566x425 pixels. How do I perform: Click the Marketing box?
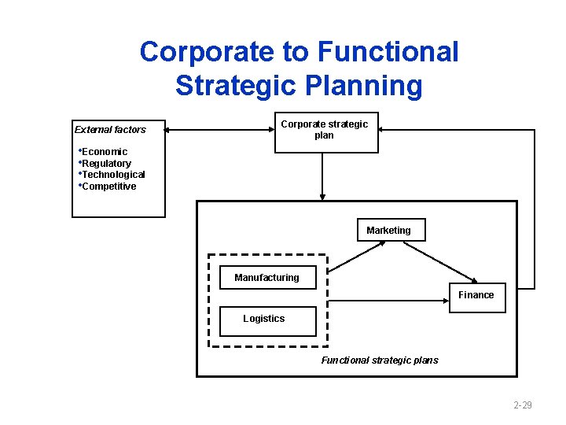pyautogui.click(x=391, y=230)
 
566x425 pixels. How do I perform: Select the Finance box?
pyautogui.click(x=476, y=297)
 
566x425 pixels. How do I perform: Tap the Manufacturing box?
pyautogui.click(x=266, y=277)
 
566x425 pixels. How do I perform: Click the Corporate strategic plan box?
pyautogui.click(x=324, y=131)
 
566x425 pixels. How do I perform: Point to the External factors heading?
pyautogui.click(x=110, y=129)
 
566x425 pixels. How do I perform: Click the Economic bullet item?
pyautogui.click(x=105, y=151)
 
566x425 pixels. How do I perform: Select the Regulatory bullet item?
pyautogui.click(x=106, y=163)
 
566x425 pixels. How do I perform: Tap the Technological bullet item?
pyautogui.click(x=113, y=175)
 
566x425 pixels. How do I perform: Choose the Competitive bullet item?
pyautogui.click(x=108, y=187)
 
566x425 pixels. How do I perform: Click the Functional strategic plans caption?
pyautogui.click(x=380, y=360)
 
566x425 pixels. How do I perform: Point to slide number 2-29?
pyautogui.click(x=522, y=405)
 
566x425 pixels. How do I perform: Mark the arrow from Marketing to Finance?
pyautogui.click(x=440, y=261)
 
